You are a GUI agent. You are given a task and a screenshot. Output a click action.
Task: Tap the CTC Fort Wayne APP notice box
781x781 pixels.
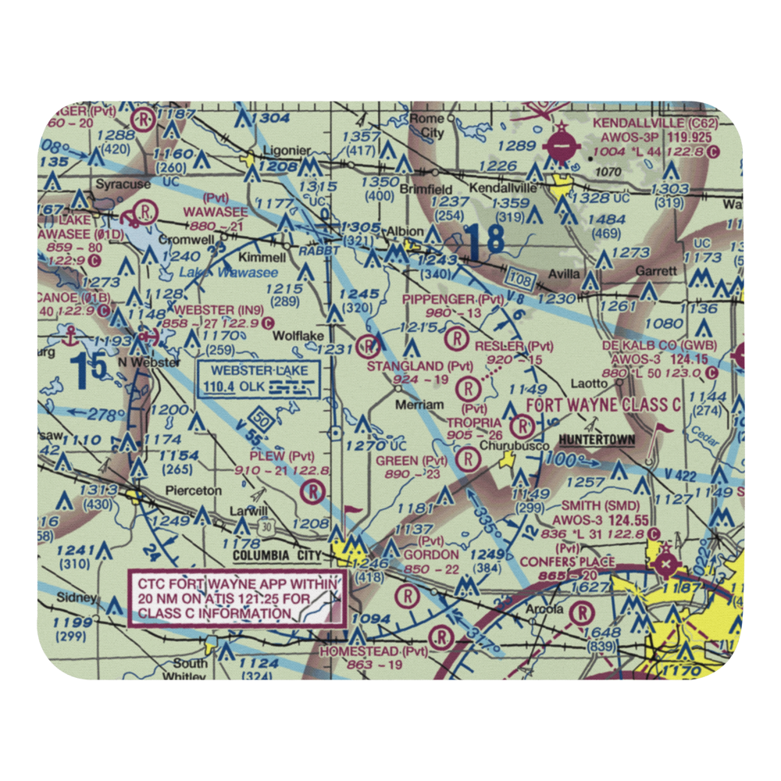point(237,598)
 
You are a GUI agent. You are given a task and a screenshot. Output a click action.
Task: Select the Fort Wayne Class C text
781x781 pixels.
point(604,405)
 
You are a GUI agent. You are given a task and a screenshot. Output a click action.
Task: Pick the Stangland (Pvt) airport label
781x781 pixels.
point(421,365)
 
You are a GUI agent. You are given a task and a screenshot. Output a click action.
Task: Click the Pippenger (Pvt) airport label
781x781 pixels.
point(452,299)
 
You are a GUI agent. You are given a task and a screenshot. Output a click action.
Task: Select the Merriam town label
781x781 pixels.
point(419,405)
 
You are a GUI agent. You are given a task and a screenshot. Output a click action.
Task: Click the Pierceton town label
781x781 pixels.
point(193,490)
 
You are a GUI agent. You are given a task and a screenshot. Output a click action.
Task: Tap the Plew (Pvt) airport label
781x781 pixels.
point(280,455)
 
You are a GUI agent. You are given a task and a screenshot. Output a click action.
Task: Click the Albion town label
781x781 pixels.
point(405,231)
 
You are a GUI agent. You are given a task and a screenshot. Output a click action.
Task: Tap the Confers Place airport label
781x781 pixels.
point(567,562)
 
